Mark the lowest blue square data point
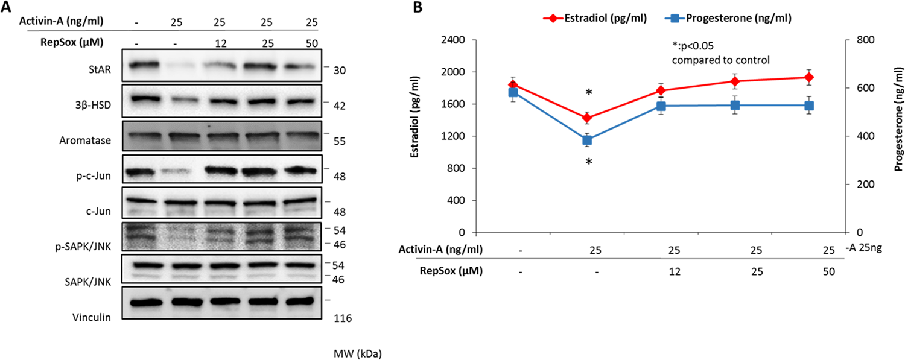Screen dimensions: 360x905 tap(586, 140)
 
